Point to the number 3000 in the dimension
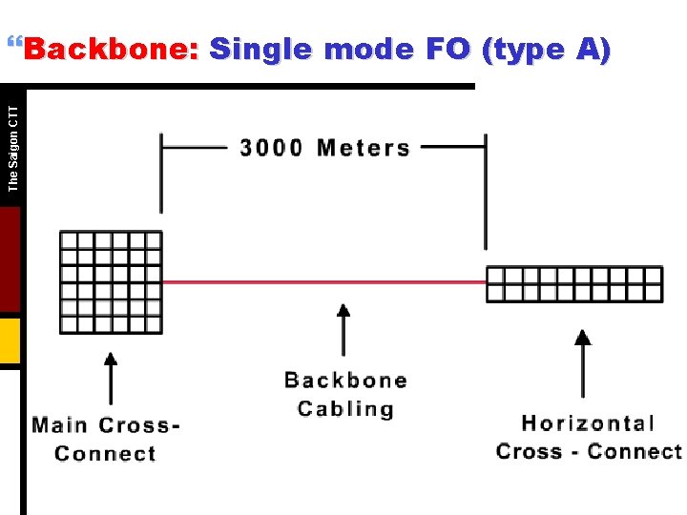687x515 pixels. (271, 148)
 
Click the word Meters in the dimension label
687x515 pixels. (364, 148)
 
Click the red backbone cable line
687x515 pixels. (324, 282)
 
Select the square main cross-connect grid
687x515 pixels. (111, 282)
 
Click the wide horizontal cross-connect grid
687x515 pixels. (574, 284)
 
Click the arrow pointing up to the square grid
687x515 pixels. (111, 379)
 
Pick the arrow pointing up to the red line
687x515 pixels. (344, 329)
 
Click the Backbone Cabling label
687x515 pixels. (345, 395)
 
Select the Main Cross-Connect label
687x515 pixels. (106, 439)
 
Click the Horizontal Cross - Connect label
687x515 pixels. (589, 437)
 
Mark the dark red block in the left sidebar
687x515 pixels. (10, 259)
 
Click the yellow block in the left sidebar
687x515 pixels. (10, 341)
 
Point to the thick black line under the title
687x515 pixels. (248, 86)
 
